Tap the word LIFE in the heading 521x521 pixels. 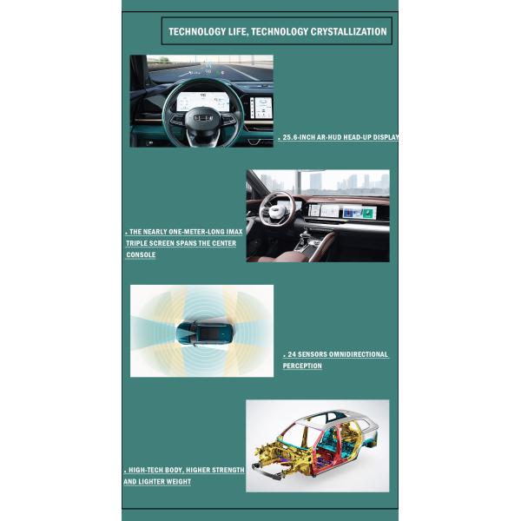click(238, 32)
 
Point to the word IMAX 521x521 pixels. click(234, 232)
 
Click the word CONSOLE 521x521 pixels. click(141, 254)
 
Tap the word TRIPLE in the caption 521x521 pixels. click(136, 243)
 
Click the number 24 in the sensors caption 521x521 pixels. click(292, 354)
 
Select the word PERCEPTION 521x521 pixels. click(302, 366)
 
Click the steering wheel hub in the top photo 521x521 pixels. click(203, 119)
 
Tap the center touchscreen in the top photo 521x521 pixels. click(261, 108)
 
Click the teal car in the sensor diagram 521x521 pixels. click(204, 332)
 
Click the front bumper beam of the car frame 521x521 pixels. click(267, 472)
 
